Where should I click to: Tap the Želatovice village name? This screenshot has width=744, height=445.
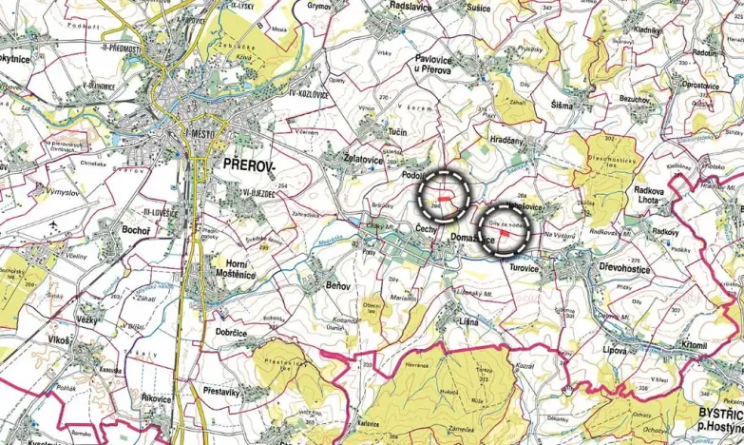tap(363, 160)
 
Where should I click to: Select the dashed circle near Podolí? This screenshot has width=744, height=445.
tap(444, 194)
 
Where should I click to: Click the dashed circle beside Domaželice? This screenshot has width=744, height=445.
tap(502, 228)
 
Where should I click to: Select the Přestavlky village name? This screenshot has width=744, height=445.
tap(226, 391)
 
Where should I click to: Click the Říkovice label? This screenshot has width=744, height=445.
tap(153, 398)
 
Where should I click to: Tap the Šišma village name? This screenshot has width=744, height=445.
tap(562, 105)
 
